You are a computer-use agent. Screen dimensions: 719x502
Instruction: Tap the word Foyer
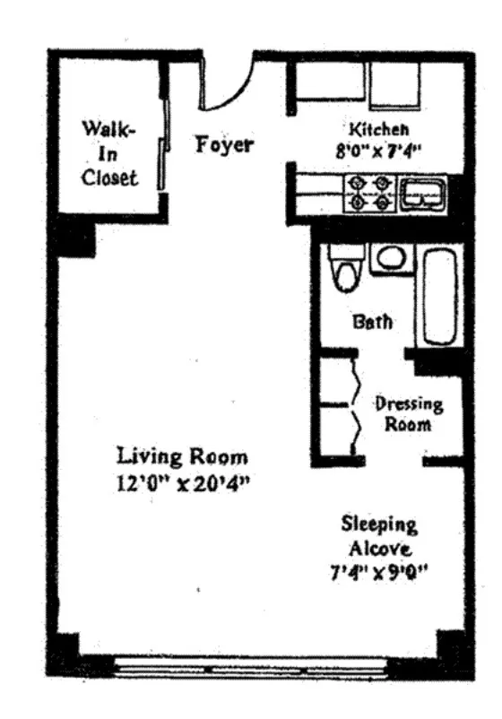[225, 144]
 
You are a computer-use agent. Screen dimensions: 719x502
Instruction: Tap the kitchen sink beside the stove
[420, 192]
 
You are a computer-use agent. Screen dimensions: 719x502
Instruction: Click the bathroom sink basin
[391, 258]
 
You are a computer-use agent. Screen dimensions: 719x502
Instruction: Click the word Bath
[371, 322]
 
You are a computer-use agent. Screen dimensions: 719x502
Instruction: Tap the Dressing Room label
[408, 414]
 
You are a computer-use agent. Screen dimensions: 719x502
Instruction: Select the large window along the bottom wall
[253, 669]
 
